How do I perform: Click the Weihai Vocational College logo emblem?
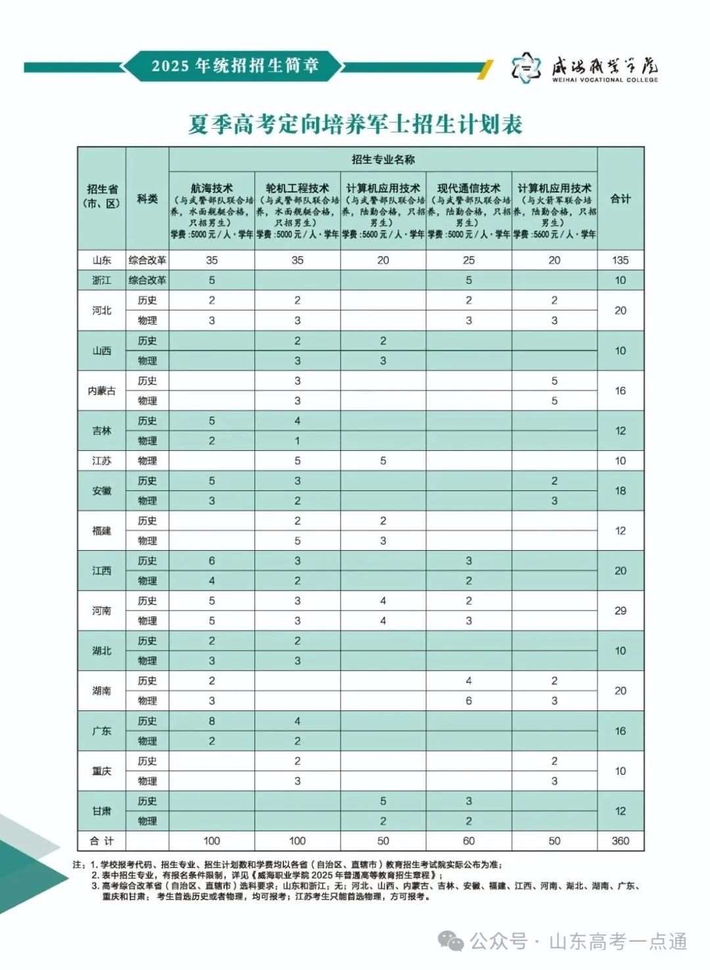[526, 67]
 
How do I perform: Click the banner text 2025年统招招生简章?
[235, 66]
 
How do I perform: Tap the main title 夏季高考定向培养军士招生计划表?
[355, 124]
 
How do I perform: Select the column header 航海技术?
[212, 188]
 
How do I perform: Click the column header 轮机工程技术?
[297, 188]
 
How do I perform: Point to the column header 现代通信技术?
[469, 188]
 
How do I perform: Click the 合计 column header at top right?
[620, 198]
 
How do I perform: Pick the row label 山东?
[101, 260]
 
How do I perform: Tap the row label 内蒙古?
[101, 390]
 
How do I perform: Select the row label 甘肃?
[101, 811]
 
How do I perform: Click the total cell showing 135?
[620, 260]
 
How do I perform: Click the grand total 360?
[620, 841]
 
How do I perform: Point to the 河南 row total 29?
[620, 611]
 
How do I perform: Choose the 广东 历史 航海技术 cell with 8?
[212, 721]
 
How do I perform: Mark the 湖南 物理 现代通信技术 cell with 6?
[469, 701]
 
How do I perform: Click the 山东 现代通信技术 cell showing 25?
[469, 260]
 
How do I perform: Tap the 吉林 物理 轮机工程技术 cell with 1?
[297, 440]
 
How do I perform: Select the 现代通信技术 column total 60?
[469, 841]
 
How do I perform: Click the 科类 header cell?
[147, 198]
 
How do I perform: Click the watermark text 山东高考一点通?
[618, 941]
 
